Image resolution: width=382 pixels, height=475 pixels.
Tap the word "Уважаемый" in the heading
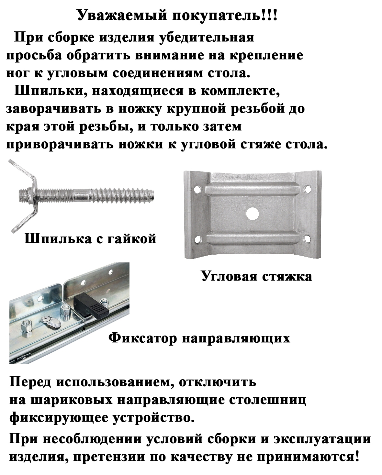[x=122, y=16]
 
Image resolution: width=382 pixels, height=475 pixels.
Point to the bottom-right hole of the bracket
[x=307, y=239]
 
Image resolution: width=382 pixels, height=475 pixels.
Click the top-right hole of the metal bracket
[x=308, y=189]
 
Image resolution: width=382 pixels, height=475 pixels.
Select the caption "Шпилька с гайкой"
[x=90, y=239]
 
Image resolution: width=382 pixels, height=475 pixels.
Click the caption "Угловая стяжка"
[x=257, y=276]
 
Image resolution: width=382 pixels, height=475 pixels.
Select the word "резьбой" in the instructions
[x=257, y=109]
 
